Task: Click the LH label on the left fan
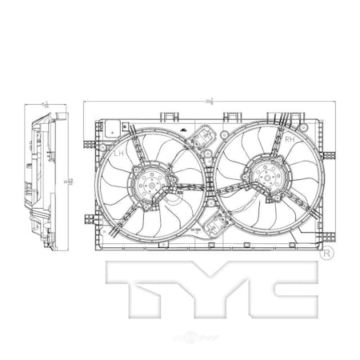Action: (x=118, y=152)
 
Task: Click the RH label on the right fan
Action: (x=290, y=139)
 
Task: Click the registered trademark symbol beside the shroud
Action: (x=326, y=255)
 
